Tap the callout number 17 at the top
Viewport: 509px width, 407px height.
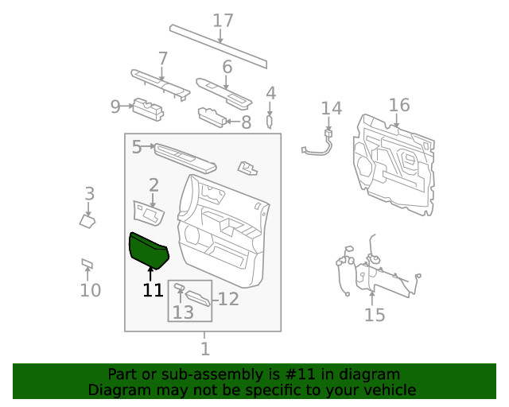click(x=223, y=21)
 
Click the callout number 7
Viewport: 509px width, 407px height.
click(x=163, y=58)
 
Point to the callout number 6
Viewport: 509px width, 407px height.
click(x=227, y=67)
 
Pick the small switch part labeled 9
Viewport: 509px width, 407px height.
click(x=147, y=108)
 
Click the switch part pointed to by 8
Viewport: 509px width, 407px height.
click(x=211, y=117)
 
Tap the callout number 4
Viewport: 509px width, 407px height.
click(x=270, y=93)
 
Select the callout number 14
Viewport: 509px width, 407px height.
click(x=331, y=108)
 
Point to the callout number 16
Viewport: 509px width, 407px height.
click(x=399, y=105)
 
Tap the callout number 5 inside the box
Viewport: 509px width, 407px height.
click(x=137, y=147)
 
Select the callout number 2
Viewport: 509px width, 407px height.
click(x=153, y=185)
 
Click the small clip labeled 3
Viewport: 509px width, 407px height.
click(x=87, y=220)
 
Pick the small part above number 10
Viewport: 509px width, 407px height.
click(x=87, y=263)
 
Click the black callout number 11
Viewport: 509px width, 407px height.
click(x=153, y=290)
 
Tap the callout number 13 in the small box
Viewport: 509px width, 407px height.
click(x=183, y=312)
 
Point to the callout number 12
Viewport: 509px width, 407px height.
click(x=229, y=299)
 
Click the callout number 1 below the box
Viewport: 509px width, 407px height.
click(x=204, y=348)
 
